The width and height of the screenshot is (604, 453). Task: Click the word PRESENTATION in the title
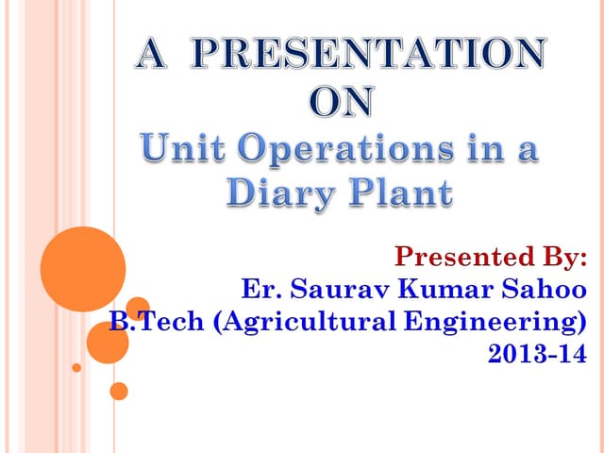coord(370,56)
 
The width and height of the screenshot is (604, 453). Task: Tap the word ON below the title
coord(342,103)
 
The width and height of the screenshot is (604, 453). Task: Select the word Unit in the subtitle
coord(178,150)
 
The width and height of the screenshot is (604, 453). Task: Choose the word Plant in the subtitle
coord(401,194)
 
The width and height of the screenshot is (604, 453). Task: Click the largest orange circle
coord(83,269)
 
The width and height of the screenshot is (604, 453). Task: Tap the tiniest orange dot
coord(77,367)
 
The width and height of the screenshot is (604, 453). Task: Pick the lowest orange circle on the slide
coord(119,390)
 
